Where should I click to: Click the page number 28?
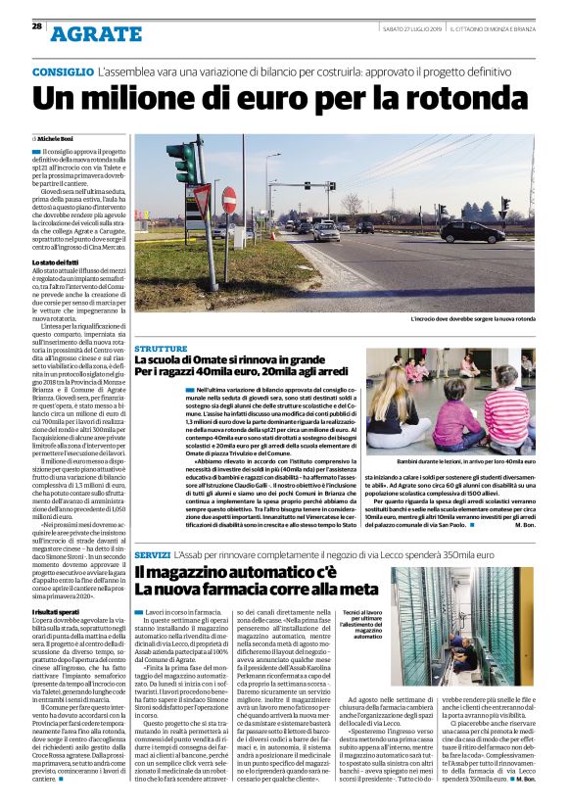point(36,25)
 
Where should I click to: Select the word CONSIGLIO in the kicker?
point(62,74)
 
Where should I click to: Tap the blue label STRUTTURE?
point(161,349)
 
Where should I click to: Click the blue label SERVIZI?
point(154,554)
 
